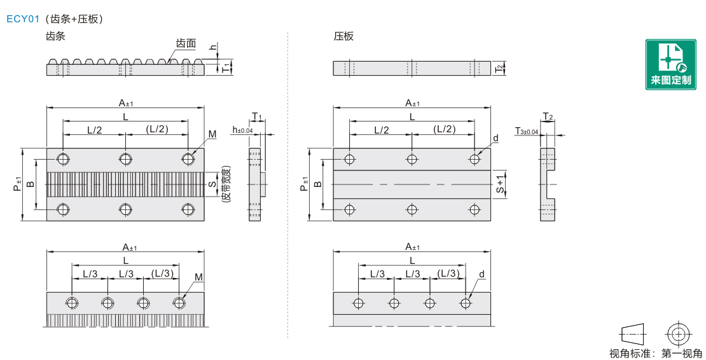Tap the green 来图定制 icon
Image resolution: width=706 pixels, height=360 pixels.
click(670, 64)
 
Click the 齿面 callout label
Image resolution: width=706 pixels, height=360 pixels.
click(186, 44)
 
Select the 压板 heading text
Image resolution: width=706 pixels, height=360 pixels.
click(343, 36)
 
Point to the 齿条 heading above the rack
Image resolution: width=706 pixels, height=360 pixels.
click(56, 36)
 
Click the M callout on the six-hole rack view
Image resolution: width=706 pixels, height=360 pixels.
click(212, 134)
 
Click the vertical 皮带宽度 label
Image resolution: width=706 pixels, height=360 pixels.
click(226, 184)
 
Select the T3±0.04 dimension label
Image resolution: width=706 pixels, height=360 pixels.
click(527, 131)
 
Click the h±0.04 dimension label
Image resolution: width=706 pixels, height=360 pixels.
click(242, 130)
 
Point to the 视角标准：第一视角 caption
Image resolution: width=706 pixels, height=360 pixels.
click(656, 354)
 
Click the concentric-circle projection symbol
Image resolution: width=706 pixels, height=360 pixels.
click(678, 333)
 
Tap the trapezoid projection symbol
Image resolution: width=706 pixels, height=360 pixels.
click(632, 333)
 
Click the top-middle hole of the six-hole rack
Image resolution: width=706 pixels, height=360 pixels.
click(125, 158)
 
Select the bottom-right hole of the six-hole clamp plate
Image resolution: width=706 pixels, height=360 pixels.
click(474, 209)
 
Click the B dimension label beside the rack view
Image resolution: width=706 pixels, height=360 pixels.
click(30, 184)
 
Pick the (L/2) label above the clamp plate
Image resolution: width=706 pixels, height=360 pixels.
click(445, 129)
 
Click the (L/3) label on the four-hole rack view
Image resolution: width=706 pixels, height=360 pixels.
click(162, 273)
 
